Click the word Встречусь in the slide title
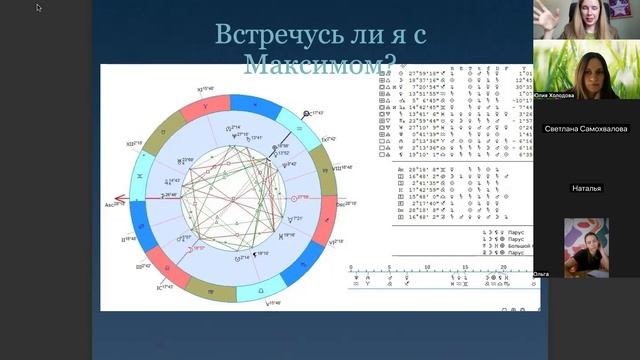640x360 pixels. [265, 36]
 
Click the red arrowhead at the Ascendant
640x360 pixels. [118, 197]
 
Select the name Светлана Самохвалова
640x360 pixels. [586, 128]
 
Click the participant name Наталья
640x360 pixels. [586, 187]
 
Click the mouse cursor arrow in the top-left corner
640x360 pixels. [39, 8]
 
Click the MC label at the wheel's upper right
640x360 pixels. [314, 114]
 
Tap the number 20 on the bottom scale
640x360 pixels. [498, 268]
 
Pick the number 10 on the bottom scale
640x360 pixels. [423, 268]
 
